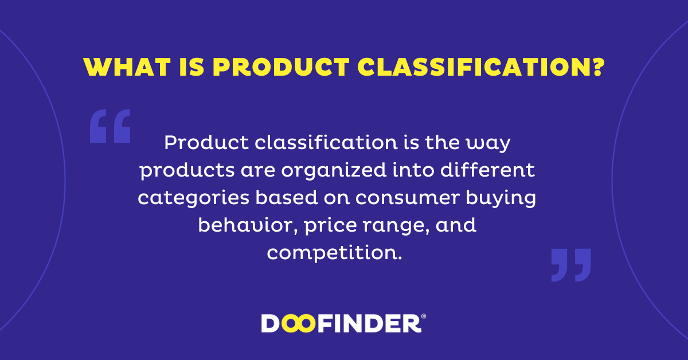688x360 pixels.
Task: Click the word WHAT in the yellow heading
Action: point(127,66)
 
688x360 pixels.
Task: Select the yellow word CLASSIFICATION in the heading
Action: point(473,66)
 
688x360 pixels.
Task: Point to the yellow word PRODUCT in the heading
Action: point(281,66)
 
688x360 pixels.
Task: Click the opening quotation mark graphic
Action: point(110,126)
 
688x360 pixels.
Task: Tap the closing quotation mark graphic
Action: point(571,265)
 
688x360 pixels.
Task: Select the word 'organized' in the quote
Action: point(334,170)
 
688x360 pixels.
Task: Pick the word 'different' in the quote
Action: point(487,170)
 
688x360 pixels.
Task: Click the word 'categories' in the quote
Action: point(194,198)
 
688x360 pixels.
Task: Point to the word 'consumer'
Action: point(407,198)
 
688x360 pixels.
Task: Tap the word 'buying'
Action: point(501,198)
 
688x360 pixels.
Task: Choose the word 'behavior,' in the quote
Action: point(248,225)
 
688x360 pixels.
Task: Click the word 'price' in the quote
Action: point(330,226)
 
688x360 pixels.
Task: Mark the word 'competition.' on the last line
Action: point(334,253)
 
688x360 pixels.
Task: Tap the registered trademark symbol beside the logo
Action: point(424,316)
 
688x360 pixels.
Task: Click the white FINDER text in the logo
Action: point(369,323)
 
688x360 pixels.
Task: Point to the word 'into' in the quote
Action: point(413,170)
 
